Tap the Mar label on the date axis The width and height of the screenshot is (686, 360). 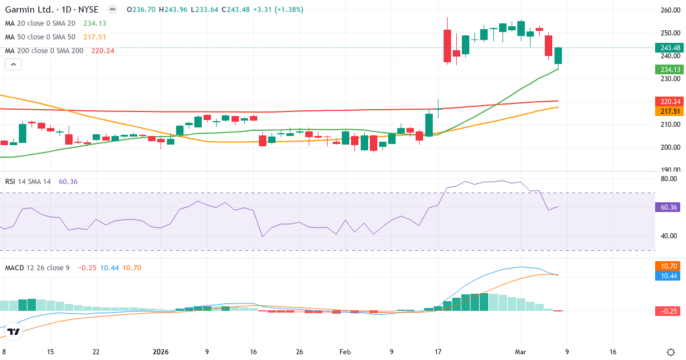(x=521, y=352)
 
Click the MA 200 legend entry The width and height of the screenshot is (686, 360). (x=45, y=50)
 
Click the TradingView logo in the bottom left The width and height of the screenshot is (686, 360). (x=14, y=331)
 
